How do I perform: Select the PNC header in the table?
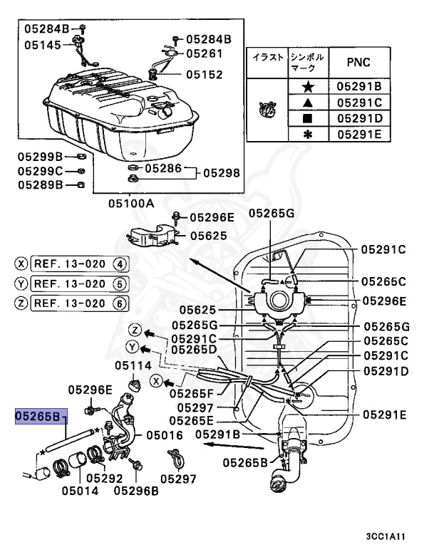[358, 62]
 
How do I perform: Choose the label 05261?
[205, 53]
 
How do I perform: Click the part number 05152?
[205, 74]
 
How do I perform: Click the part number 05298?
[222, 173]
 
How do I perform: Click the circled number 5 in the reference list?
[120, 283]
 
